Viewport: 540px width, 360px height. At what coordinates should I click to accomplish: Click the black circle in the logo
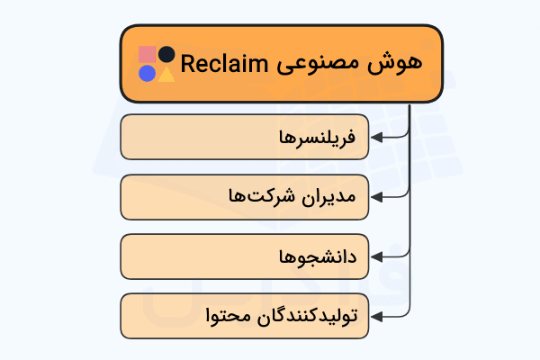(x=166, y=55)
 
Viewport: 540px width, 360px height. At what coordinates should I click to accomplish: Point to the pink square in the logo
(x=148, y=55)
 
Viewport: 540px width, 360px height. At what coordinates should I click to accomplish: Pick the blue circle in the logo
(x=147, y=74)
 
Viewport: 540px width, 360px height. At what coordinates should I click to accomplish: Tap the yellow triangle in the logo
(x=166, y=74)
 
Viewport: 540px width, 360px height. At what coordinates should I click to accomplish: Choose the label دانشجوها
(x=319, y=257)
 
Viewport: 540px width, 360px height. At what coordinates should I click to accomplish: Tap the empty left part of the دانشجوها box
(x=180, y=257)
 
